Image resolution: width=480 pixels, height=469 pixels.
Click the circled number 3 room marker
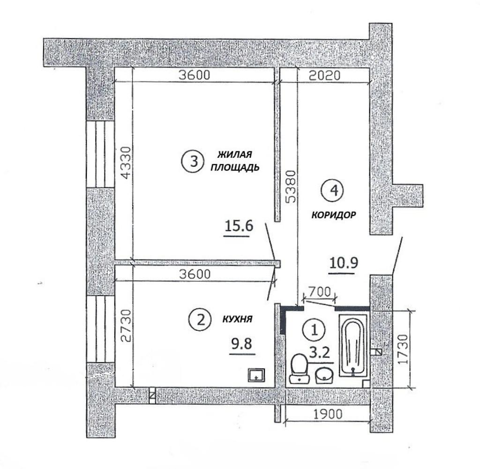(194, 161)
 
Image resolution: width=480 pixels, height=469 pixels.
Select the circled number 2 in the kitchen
(200, 320)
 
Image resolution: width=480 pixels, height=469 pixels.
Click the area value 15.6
(239, 226)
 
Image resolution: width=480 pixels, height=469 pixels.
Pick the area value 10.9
(344, 263)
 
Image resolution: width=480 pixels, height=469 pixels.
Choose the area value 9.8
(242, 344)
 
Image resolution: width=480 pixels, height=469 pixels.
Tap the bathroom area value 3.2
(320, 353)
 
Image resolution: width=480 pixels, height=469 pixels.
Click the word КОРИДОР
(334, 215)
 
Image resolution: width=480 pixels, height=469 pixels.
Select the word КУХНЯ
(237, 320)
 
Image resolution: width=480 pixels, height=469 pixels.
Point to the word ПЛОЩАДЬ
(235, 167)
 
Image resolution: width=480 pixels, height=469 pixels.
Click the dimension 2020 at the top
(324, 75)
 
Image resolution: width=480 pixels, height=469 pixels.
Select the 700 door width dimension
(320, 291)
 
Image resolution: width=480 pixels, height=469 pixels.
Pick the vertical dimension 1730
(404, 349)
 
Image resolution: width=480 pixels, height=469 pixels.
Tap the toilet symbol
(300, 368)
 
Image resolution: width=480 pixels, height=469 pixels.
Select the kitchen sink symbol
(256, 374)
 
